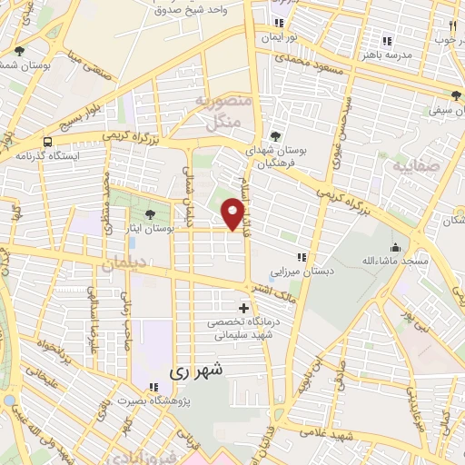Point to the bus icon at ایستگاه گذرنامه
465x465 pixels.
pyautogui.click(x=46, y=142)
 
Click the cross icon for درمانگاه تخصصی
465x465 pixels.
pyautogui.click(x=242, y=309)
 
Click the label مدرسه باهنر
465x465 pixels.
pyautogui.click(x=410, y=54)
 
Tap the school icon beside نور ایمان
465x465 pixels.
pyautogui.click(x=280, y=23)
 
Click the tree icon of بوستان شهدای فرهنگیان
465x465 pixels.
pyautogui.click(x=275, y=136)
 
